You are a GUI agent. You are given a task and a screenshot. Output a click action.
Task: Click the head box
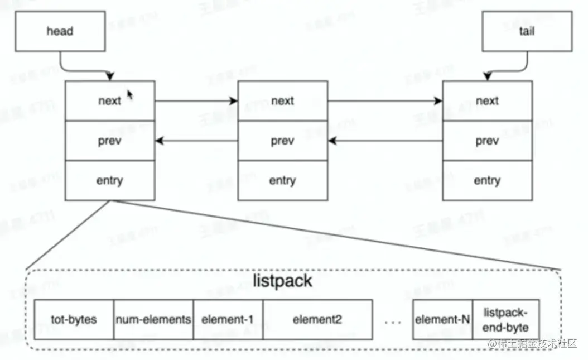tap(59, 31)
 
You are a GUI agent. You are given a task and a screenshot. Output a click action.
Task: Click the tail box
tap(526, 31)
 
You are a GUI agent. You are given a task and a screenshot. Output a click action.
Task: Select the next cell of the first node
tap(109, 101)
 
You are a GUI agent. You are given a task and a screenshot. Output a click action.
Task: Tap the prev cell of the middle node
tap(282, 141)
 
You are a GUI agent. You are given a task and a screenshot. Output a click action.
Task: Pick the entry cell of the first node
tap(109, 181)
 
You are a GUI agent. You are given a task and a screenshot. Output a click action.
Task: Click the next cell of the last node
tap(487, 101)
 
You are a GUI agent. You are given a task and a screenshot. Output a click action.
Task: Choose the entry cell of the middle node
tap(282, 181)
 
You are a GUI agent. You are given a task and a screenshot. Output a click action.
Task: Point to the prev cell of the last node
tap(487, 141)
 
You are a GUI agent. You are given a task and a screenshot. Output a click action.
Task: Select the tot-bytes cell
tap(74, 320)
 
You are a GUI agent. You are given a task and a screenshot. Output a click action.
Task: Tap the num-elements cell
tap(153, 320)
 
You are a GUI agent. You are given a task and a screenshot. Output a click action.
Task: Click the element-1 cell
tap(228, 320)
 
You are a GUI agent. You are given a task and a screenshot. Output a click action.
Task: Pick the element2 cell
tap(317, 320)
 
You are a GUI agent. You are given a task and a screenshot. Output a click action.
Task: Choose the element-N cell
tap(442, 320)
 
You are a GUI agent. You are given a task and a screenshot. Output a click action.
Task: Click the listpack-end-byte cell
tap(506, 320)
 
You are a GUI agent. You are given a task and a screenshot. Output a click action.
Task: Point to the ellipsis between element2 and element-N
tap(393, 321)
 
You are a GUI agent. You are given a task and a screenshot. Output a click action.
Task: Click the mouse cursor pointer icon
tap(130, 95)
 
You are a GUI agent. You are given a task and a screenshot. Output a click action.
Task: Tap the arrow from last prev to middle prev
tap(385, 141)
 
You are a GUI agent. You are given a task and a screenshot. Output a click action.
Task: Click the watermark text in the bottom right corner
tap(532, 344)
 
